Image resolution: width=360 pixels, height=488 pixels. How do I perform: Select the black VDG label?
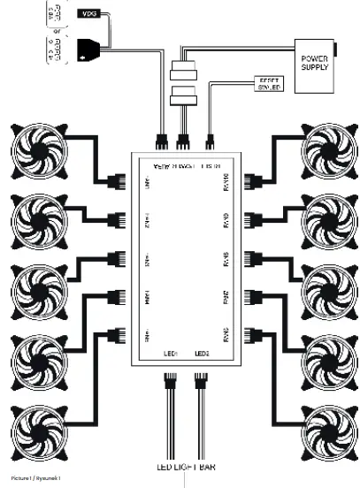coord(90,15)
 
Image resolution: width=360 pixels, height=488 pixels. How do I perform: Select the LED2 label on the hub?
coord(201,354)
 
